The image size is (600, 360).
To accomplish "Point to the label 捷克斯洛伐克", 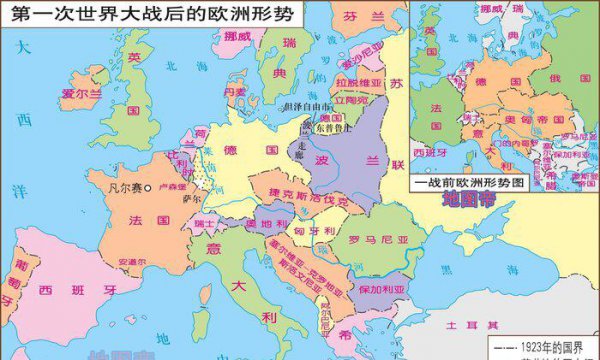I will pos(302,195).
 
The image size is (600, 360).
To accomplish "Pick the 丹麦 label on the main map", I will pos(235,91).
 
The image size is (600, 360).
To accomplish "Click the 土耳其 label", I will pos(470,325).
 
